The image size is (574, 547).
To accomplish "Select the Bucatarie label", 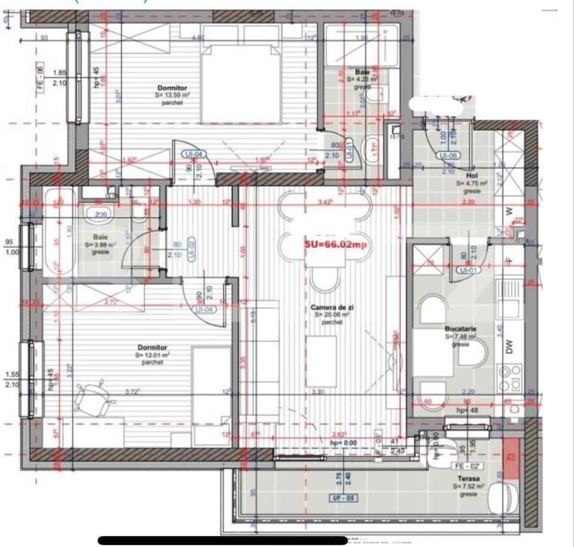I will click(460, 329).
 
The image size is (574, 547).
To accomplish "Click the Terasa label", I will click(468, 479).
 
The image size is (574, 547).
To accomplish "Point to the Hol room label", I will click(471, 177).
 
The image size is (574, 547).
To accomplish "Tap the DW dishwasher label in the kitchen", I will click(510, 348).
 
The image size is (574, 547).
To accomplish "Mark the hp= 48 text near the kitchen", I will click(465, 411).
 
